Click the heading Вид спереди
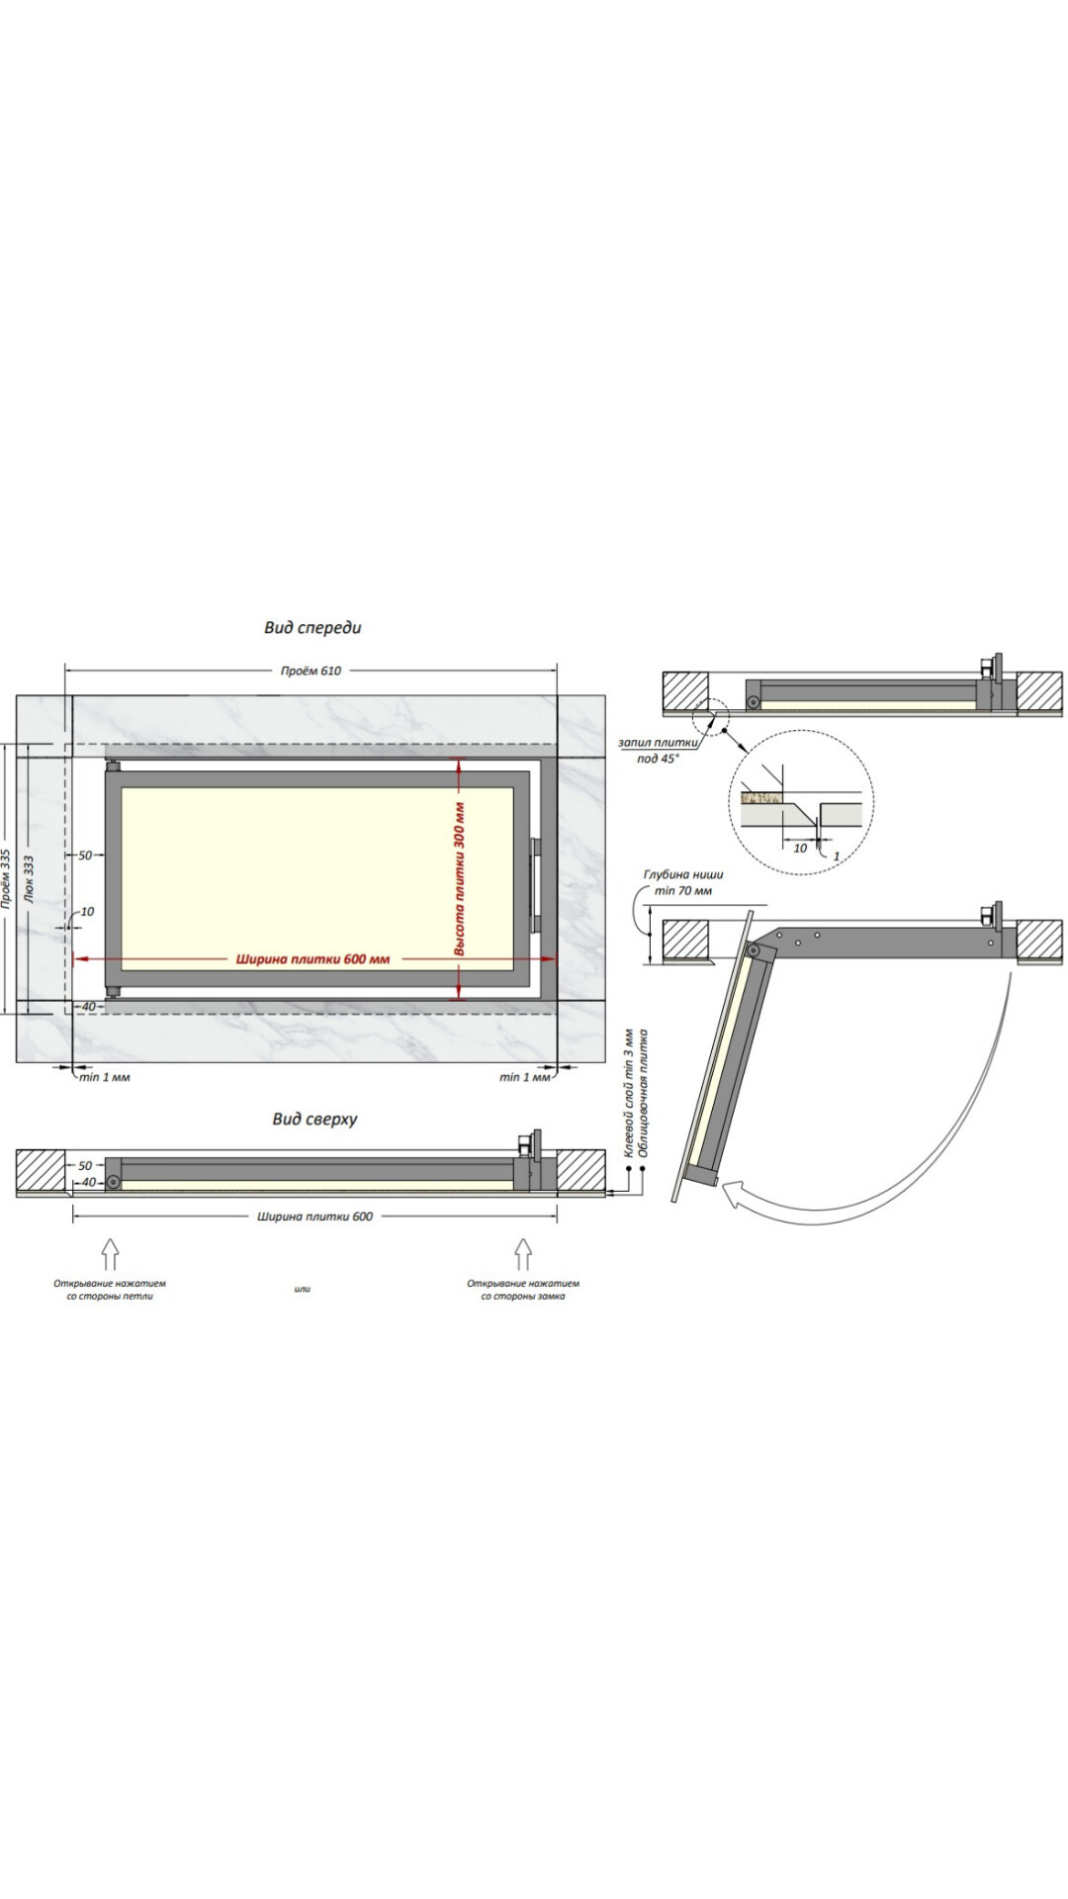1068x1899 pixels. [312, 627]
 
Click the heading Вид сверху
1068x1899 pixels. [314, 1119]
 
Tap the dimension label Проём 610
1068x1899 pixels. [311, 671]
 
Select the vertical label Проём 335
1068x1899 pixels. [6, 877]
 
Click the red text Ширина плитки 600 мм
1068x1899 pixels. [312, 958]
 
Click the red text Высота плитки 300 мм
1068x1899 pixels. [460, 878]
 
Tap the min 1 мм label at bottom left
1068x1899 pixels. [105, 1077]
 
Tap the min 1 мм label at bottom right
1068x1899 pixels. [525, 1077]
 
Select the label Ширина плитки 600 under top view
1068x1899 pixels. [315, 1216]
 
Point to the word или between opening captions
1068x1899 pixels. [302, 1289]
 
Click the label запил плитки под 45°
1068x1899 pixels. [658, 750]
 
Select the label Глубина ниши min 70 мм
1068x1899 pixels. [683, 882]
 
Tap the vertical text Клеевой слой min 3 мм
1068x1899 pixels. [627, 1093]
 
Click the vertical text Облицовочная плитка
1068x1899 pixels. [643, 1093]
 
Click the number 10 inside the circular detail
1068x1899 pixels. [801, 848]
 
